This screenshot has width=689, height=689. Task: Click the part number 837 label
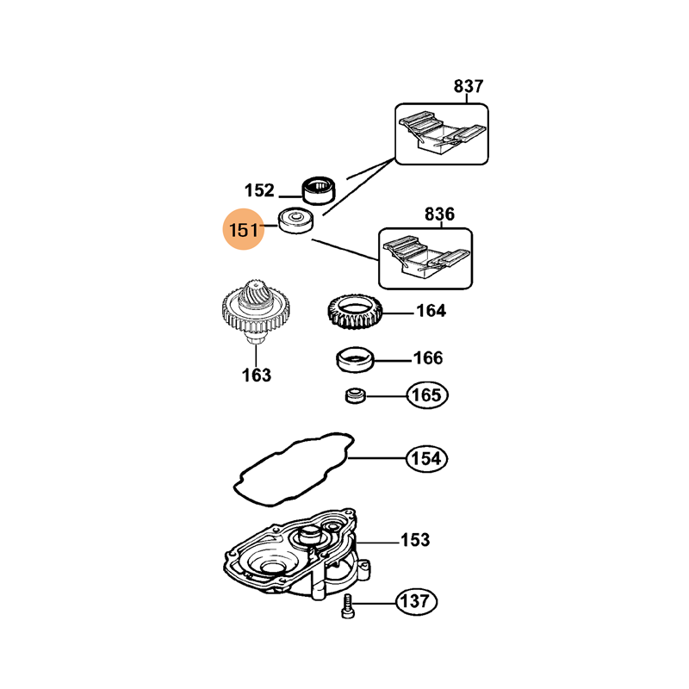coord(469,86)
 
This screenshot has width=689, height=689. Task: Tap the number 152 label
coord(259,190)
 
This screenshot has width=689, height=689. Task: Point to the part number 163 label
coord(256,375)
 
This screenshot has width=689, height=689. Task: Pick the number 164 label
coord(431,311)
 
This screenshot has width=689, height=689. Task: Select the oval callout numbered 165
coord(428,395)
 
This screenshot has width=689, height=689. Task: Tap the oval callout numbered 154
coord(428,459)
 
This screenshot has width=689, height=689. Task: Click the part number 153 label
coord(415,541)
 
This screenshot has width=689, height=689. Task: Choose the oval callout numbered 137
coord(416,600)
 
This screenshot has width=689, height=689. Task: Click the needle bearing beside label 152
coord(318,188)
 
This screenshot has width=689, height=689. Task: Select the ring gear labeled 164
coord(354,314)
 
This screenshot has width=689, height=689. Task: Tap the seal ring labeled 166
coord(354,359)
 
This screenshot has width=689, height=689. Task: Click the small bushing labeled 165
coord(354,396)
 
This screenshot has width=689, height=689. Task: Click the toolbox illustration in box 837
coord(441,134)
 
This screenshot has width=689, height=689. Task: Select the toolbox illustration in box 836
coord(425,258)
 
